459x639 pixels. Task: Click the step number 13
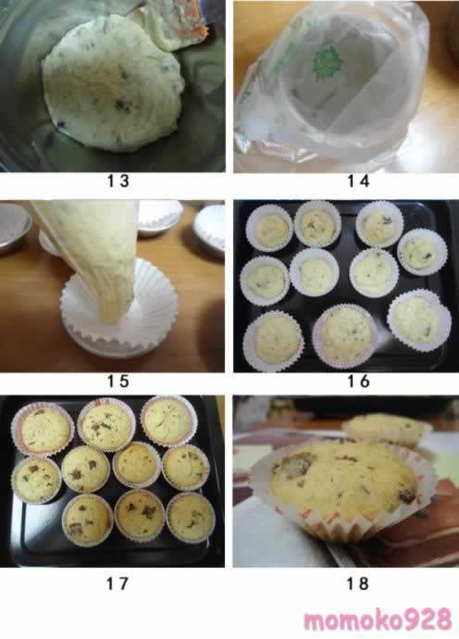pyautogui.click(x=118, y=182)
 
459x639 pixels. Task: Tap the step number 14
pyautogui.click(x=358, y=182)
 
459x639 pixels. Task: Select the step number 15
pyautogui.click(x=118, y=382)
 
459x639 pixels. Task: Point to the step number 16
pyautogui.click(x=358, y=382)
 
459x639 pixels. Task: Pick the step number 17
pyautogui.click(x=118, y=583)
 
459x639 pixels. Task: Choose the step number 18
pyautogui.click(x=357, y=583)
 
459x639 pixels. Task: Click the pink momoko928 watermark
pyautogui.click(x=378, y=620)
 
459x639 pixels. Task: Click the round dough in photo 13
pyautogui.click(x=112, y=83)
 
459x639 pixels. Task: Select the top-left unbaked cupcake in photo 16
pyautogui.click(x=269, y=228)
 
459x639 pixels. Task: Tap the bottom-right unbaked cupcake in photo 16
pyautogui.click(x=419, y=320)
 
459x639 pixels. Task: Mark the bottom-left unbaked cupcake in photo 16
pyautogui.click(x=273, y=341)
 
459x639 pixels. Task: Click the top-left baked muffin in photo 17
pyautogui.click(x=43, y=428)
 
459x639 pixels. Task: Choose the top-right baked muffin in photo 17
pyautogui.click(x=168, y=421)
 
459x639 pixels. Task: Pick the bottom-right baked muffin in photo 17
pyautogui.click(x=191, y=517)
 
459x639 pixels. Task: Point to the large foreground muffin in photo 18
pyautogui.click(x=343, y=489)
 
